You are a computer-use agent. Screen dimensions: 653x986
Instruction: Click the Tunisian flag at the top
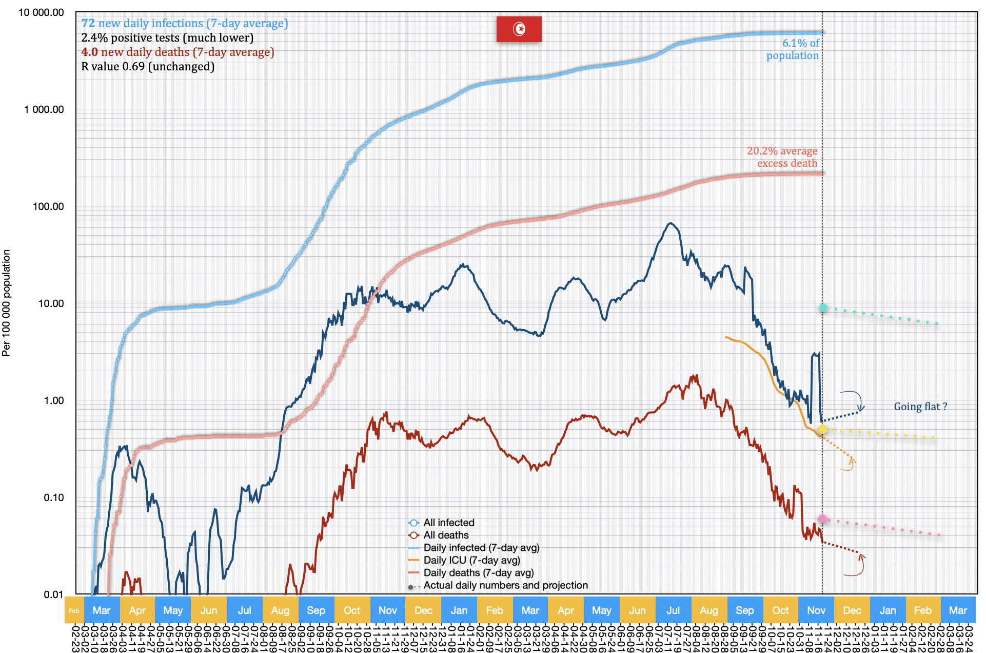point(519,29)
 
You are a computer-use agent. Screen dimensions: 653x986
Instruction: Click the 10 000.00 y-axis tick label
point(41,12)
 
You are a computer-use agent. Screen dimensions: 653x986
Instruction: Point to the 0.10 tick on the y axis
point(53,497)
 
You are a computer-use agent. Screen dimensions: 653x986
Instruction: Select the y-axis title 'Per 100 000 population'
point(6,303)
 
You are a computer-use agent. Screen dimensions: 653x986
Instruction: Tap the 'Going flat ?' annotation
point(920,407)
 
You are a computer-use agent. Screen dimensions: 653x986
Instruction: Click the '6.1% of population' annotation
point(793,49)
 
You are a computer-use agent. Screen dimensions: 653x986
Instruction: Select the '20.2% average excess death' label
point(782,157)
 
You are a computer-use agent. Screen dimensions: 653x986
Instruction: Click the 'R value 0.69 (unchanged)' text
point(148,67)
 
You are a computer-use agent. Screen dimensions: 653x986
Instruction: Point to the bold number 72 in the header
point(88,24)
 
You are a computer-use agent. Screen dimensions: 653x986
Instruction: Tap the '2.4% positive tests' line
point(167,38)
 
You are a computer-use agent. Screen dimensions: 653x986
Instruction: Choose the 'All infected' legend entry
point(448,523)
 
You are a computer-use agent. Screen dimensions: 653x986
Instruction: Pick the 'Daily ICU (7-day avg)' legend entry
point(471,560)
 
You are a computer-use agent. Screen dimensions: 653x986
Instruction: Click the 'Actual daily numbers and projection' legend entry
point(505,585)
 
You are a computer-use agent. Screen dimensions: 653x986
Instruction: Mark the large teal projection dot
point(823,308)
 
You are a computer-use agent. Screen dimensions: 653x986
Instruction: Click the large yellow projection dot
point(822,429)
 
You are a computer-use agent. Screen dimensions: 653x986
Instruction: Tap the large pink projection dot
point(822,519)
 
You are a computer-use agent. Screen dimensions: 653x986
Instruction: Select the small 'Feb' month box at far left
point(74,610)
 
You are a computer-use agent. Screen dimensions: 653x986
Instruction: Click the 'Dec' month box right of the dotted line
point(852,610)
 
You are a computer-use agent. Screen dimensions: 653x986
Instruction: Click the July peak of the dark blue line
point(671,223)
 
